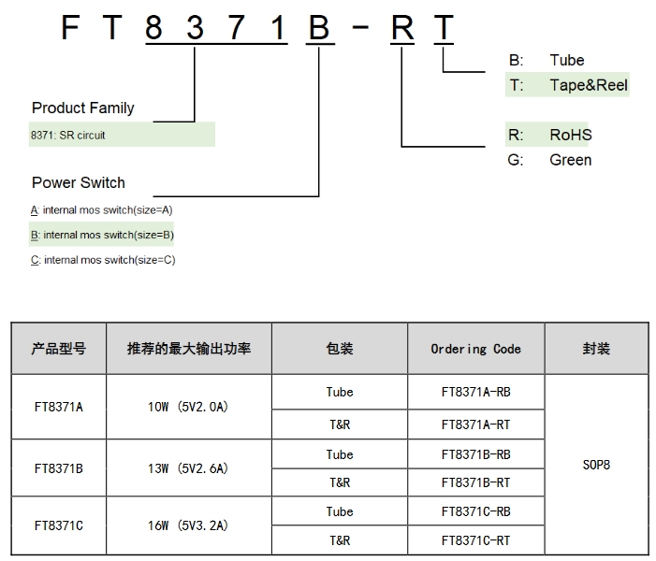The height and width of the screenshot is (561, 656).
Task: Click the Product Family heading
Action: pos(82,108)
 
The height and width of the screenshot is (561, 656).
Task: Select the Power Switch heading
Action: pos(78,182)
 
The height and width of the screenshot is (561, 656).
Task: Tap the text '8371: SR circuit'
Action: pos(67,136)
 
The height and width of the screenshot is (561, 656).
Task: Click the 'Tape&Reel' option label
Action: pos(589,85)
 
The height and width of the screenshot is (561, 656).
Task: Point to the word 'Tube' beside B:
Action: pos(567,60)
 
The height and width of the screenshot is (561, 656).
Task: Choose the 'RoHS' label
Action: pos(571,135)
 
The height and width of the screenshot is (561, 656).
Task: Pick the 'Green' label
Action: pos(571,160)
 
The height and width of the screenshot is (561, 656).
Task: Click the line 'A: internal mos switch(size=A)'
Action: pos(102,210)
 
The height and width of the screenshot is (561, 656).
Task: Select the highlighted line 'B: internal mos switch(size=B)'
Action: pos(102,235)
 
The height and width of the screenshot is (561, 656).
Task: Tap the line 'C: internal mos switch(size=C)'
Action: pos(102,260)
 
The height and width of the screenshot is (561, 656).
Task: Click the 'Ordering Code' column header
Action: pos(475,349)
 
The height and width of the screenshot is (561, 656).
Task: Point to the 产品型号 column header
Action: pos(58,349)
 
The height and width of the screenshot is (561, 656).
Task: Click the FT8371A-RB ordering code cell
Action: pos(475,392)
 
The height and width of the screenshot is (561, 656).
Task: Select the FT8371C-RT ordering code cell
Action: pos(475,540)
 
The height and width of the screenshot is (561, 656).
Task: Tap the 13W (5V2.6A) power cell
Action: pos(188,468)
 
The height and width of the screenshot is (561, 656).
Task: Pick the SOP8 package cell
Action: pos(595,464)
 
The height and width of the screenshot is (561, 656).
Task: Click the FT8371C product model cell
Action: pos(58,525)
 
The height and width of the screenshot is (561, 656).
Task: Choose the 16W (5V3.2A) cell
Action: pos(188,525)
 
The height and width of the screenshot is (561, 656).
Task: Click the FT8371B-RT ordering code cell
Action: pos(475,482)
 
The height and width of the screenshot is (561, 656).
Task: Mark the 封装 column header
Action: pos(595,349)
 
